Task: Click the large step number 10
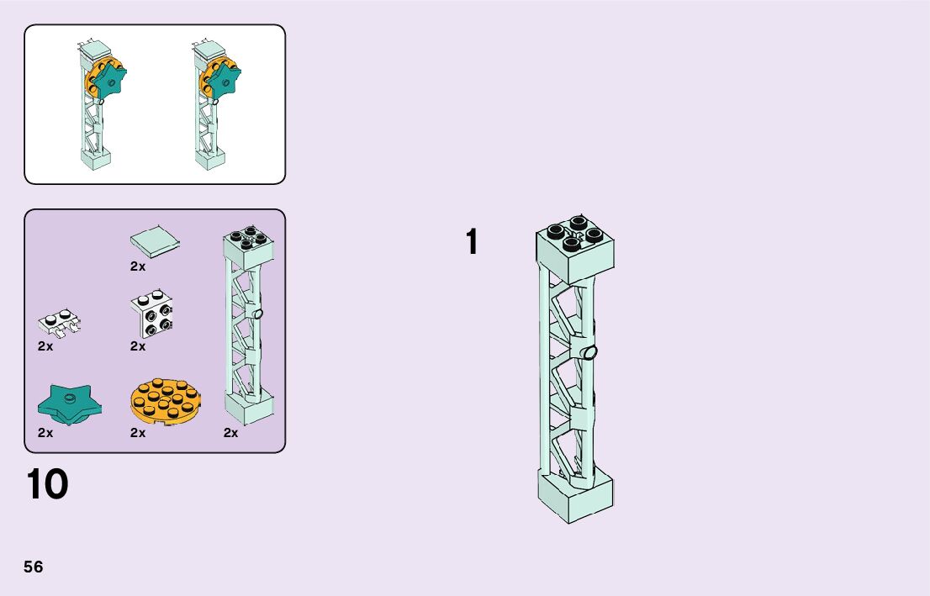pyautogui.click(x=48, y=485)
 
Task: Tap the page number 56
pyautogui.click(x=34, y=567)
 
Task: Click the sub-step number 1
pyautogui.click(x=473, y=242)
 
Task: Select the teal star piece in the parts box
pyautogui.click(x=69, y=404)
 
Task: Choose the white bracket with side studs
pyautogui.click(x=153, y=314)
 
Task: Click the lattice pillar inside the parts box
pyautogui.click(x=250, y=328)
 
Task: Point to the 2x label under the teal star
pyautogui.click(x=45, y=433)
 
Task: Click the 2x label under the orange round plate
pyautogui.click(x=138, y=433)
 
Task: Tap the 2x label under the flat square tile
pyautogui.click(x=138, y=266)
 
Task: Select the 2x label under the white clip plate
pyautogui.click(x=45, y=345)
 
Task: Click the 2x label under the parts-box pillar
pyautogui.click(x=231, y=433)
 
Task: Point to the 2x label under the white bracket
pyautogui.click(x=138, y=345)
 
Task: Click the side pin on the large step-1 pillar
pyautogui.click(x=591, y=352)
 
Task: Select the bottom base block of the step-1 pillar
pyautogui.click(x=575, y=495)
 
